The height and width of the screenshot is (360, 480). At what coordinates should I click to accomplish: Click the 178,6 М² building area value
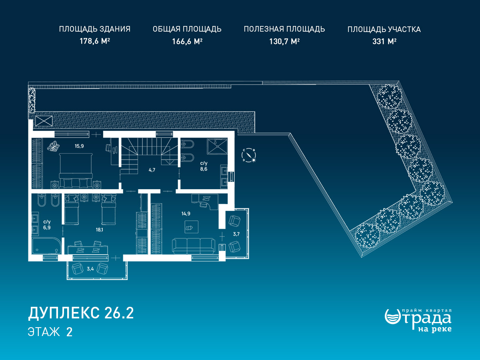pos(95,41)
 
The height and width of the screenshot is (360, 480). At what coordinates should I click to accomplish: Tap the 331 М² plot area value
pos(384,41)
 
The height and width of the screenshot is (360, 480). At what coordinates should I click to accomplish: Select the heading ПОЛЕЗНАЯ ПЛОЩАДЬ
pos(284,29)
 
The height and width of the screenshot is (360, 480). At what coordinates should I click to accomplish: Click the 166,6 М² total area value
pos(187,41)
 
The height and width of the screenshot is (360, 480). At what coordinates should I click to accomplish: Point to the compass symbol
pos(249,155)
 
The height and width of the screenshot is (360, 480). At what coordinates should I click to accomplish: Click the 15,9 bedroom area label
pos(79,146)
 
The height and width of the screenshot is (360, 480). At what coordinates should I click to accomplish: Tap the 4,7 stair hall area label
pos(152,170)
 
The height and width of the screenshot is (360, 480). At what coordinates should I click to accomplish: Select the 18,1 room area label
pos(99,230)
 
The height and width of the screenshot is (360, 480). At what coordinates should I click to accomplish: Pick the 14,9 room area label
pos(186,214)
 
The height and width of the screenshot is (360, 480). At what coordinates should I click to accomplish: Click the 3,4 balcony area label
pos(90,269)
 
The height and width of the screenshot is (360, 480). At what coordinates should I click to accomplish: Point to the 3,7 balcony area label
pos(236,234)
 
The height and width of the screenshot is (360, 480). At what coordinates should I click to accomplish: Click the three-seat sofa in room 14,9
pos(194,246)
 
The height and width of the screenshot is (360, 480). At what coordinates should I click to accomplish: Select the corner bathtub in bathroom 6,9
pos(46,246)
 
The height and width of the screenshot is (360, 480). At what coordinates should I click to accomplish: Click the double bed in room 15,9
pos(76,170)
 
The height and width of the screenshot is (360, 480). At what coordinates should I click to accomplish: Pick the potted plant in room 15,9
pos(54,146)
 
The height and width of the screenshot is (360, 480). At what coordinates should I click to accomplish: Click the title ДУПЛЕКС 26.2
pos(81,313)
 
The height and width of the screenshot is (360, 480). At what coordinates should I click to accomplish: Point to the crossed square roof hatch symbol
pos(44,121)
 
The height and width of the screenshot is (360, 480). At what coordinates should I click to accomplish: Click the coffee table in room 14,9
pos(192,227)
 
